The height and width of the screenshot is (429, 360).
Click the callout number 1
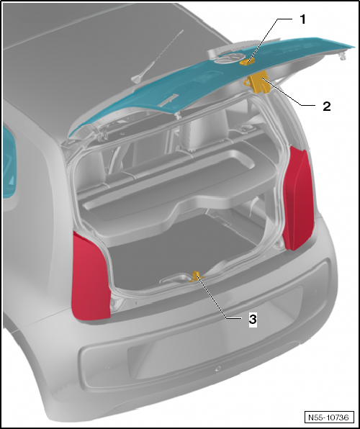pyautogui.click(x=302, y=19)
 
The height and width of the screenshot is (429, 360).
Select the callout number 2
pyautogui.click(x=326, y=106)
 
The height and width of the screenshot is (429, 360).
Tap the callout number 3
pyautogui.click(x=253, y=317)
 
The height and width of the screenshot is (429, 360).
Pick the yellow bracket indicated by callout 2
pyautogui.click(x=261, y=83)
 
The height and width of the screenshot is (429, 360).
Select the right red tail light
pyautogui.click(x=297, y=197)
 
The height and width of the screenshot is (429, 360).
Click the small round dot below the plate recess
pyautogui.click(x=217, y=368)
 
